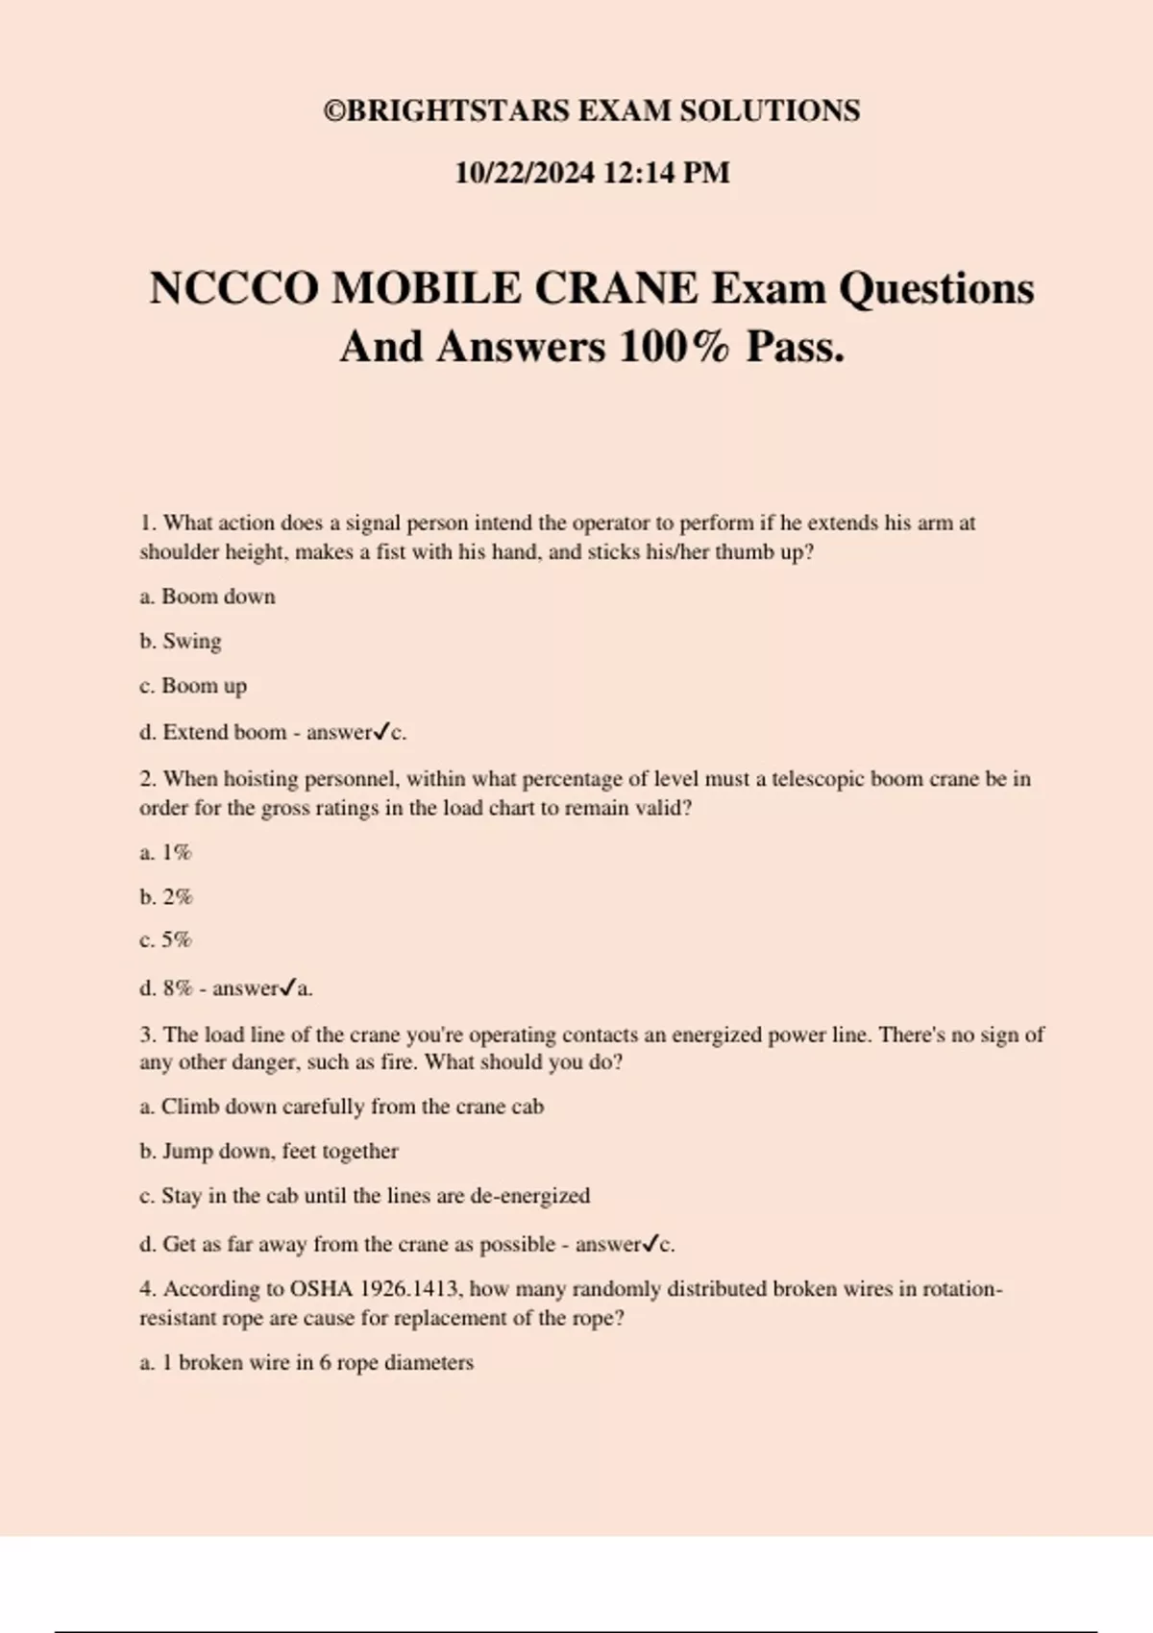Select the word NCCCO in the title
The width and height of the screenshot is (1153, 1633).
coord(233,288)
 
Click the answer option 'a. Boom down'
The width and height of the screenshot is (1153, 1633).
coord(208,597)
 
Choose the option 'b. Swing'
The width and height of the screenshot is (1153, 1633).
coord(181,641)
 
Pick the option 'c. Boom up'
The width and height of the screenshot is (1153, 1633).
coord(193,686)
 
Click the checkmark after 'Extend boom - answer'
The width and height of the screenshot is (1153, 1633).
coord(381,732)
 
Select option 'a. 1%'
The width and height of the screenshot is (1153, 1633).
coord(166,852)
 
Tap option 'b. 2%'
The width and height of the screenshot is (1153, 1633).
coord(166,897)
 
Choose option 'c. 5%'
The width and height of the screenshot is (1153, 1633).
coord(166,939)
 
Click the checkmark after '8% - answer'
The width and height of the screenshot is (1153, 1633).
coord(287,987)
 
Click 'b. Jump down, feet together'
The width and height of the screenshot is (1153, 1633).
coord(269,1151)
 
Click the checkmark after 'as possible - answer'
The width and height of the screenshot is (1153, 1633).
coord(650,1244)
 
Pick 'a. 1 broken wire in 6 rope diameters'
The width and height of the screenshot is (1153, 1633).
coord(307,1363)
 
